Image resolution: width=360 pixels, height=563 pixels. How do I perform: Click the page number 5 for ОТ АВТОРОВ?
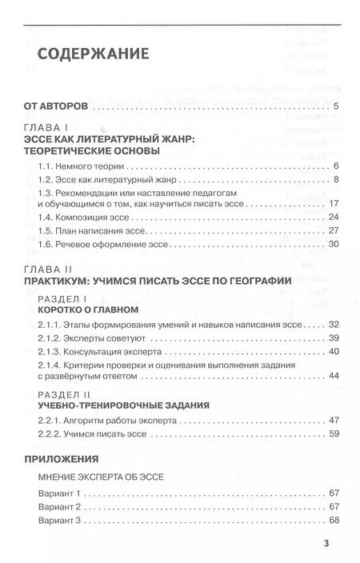coord(338,107)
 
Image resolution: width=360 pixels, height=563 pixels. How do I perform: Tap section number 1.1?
coord(46,166)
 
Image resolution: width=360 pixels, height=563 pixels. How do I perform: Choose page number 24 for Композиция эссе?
coord(335,218)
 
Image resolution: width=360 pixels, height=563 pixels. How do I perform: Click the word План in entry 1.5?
coord(74,230)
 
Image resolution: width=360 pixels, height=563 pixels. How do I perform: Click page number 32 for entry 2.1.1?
coord(335,325)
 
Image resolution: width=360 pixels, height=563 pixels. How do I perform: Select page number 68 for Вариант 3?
coord(335,521)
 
